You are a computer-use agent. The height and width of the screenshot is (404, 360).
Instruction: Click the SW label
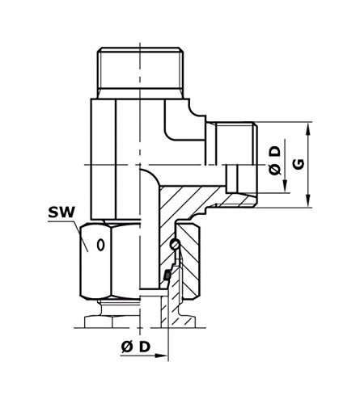point(61,213)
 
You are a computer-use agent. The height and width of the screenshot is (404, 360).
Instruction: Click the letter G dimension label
point(299,165)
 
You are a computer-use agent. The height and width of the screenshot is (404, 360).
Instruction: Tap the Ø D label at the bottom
point(135,347)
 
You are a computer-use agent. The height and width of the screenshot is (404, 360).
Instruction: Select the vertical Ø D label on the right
point(275,161)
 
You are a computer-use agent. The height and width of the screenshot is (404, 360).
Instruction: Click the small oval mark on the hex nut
point(100,245)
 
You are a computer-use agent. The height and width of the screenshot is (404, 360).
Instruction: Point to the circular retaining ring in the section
point(174,244)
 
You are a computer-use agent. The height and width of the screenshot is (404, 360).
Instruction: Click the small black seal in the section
point(167,276)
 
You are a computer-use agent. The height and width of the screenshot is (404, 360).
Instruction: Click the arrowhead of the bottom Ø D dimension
point(161,356)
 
